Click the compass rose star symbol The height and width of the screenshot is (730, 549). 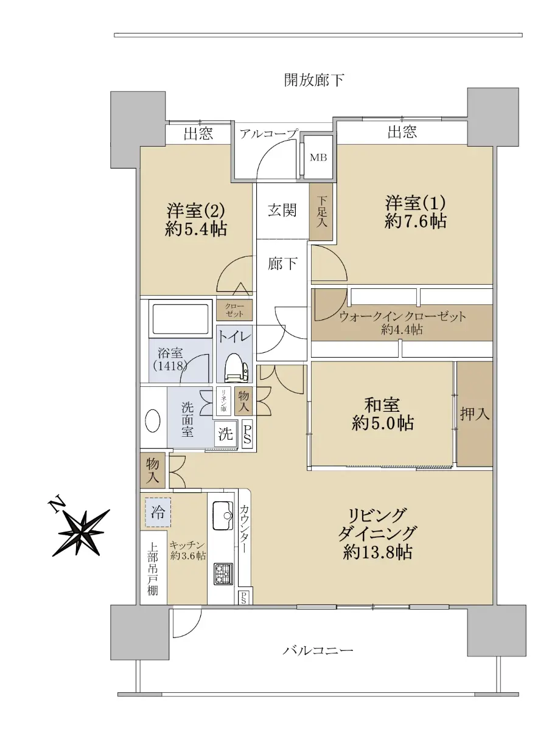81,532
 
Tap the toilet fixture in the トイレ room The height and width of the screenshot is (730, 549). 236,368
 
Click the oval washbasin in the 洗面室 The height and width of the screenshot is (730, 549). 153,421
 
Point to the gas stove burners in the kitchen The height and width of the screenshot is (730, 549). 223,574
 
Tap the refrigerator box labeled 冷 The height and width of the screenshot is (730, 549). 158,512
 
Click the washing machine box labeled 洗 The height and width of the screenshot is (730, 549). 226,434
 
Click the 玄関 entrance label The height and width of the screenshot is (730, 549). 282,210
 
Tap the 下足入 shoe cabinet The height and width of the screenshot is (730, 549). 321,212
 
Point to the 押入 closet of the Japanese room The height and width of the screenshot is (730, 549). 475,414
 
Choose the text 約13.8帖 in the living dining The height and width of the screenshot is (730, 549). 377,552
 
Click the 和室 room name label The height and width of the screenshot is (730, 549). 382,405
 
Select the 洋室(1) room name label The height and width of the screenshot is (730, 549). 416,203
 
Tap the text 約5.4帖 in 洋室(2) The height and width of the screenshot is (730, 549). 197,229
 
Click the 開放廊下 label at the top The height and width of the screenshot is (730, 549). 314,80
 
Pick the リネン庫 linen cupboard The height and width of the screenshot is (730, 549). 223,401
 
